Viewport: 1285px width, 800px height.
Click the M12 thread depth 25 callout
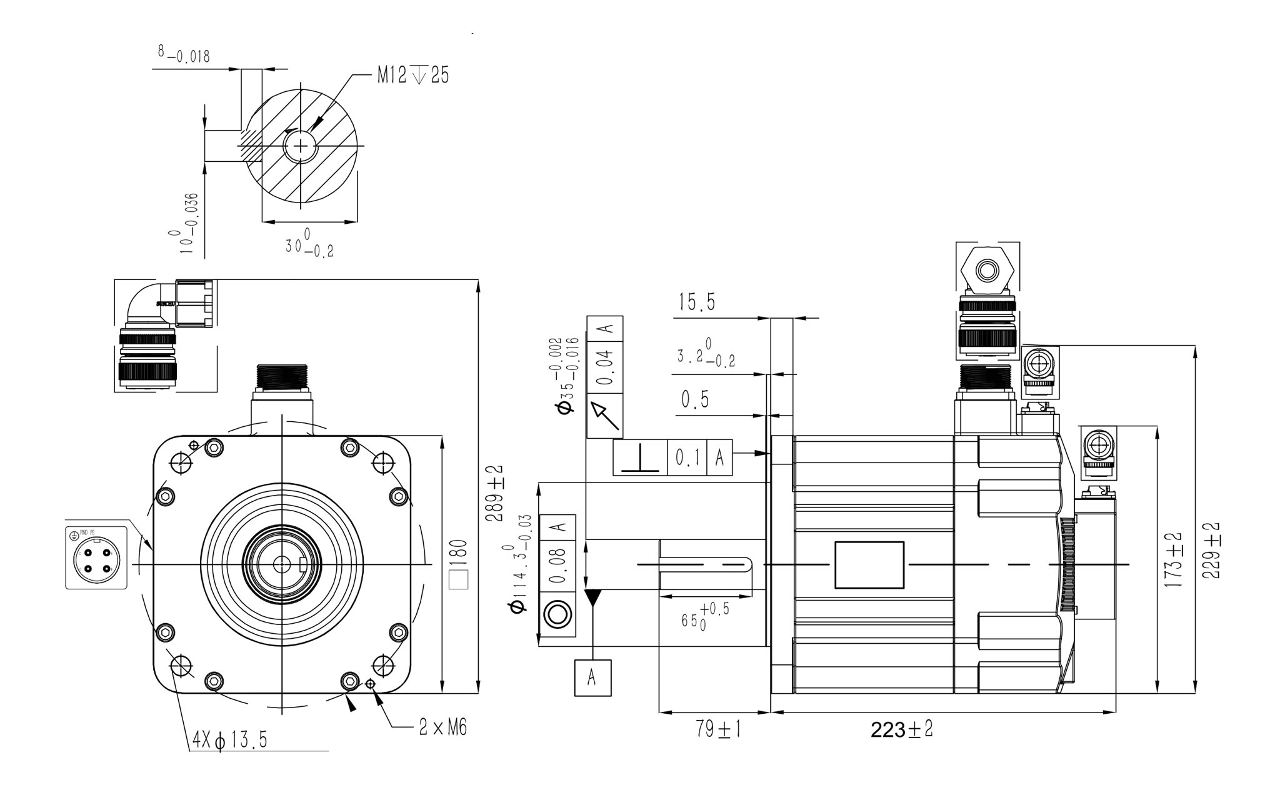(x=412, y=76)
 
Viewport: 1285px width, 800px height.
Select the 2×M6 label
(x=442, y=727)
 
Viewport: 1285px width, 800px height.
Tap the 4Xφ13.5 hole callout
(x=230, y=740)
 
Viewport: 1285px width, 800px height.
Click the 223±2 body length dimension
(x=901, y=729)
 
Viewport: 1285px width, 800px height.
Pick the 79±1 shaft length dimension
(x=718, y=729)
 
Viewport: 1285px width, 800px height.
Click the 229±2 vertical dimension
(x=1211, y=550)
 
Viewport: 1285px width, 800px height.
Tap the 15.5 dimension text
(x=697, y=303)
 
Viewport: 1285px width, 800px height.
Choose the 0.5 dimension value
(x=695, y=399)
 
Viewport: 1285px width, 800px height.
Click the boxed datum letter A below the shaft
(x=592, y=677)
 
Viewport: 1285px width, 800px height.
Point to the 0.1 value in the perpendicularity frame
(x=687, y=458)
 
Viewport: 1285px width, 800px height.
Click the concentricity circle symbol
(x=557, y=615)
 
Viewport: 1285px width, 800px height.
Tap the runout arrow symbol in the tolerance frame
(x=605, y=416)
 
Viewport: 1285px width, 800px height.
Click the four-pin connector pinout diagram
(x=96, y=557)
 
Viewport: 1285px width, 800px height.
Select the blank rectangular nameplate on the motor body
(x=869, y=565)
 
